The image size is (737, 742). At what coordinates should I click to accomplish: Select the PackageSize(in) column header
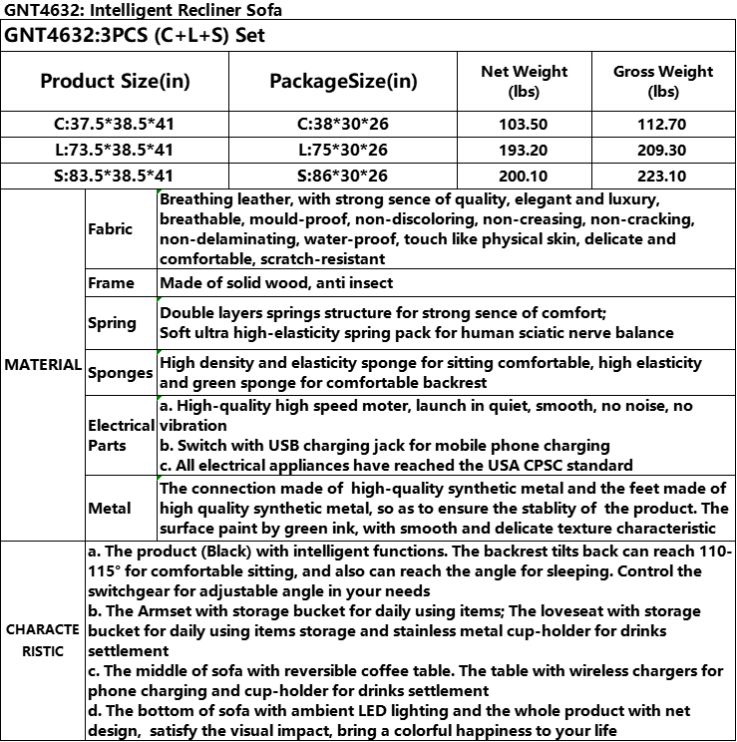click(344, 81)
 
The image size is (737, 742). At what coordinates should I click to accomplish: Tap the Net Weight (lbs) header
click(524, 81)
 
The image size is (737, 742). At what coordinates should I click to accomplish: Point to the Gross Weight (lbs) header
click(663, 81)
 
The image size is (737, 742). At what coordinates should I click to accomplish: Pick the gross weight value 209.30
click(663, 150)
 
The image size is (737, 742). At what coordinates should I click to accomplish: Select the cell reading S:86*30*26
click(344, 176)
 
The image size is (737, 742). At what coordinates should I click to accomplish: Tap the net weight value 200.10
click(524, 176)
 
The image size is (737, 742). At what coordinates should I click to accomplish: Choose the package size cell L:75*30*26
click(344, 150)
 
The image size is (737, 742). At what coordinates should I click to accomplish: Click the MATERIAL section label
click(43, 365)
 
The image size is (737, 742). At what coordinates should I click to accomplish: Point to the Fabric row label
click(110, 228)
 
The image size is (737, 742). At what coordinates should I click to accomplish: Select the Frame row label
click(111, 283)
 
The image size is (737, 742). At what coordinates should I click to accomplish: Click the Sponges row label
click(121, 373)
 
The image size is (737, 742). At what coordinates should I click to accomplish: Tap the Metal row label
click(110, 508)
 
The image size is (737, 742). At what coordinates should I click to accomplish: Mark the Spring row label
click(113, 322)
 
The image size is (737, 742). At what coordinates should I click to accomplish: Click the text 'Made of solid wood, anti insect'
click(276, 283)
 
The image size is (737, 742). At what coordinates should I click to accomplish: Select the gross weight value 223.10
click(663, 176)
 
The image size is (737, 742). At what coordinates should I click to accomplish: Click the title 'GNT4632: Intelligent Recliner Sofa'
click(143, 11)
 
